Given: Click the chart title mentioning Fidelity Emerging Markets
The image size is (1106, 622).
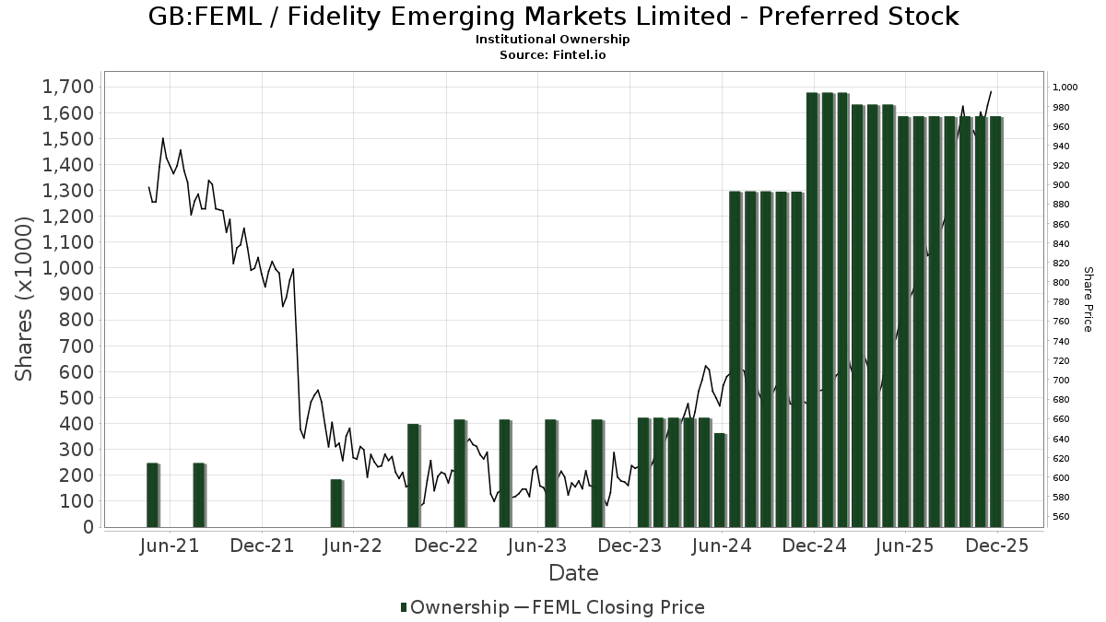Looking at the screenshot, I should tap(553, 17).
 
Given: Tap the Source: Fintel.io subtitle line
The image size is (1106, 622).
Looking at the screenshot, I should tap(552, 54).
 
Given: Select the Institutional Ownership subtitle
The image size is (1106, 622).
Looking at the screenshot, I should tap(552, 40).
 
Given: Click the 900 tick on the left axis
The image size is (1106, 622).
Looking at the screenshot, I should tap(75, 294).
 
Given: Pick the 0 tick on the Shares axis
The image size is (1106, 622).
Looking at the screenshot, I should tap(88, 527).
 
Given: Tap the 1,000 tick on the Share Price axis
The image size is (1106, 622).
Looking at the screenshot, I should tap(1065, 88).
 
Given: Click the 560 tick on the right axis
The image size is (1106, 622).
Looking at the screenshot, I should tap(1062, 517).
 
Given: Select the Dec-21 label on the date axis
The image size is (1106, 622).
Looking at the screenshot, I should tap(263, 546).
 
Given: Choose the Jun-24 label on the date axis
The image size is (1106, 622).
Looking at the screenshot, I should tap(723, 546).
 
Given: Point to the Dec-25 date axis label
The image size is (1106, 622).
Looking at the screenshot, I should tap(997, 546).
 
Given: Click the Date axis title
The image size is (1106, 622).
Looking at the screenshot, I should tap(573, 573).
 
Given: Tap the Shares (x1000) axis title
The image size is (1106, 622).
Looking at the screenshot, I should tap(25, 299).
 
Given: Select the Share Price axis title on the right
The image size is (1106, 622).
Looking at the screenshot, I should tap(1088, 299).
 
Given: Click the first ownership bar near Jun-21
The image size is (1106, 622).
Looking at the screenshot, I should tap(152, 495).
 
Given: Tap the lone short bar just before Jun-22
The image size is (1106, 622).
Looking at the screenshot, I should tap(336, 503).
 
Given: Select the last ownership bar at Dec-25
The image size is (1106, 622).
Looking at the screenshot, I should tap(996, 322).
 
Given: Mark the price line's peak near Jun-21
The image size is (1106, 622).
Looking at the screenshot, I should tap(163, 139).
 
